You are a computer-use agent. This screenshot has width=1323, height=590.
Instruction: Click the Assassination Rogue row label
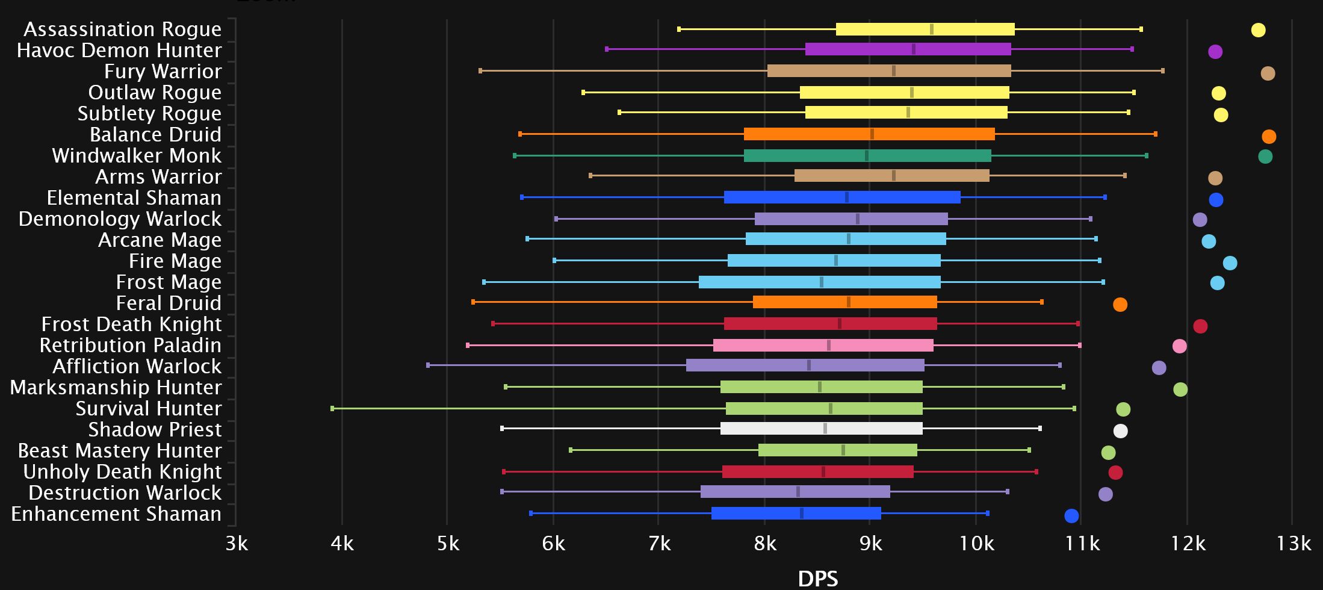(x=122, y=29)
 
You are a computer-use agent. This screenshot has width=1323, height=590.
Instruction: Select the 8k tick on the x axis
(x=764, y=544)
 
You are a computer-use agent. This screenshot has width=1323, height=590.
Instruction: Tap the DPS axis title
(x=817, y=578)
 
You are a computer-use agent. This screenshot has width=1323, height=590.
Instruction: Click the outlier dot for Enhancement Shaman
(x=1071, y=516)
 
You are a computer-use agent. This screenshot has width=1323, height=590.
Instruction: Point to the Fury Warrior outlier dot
(x=1268, y=73)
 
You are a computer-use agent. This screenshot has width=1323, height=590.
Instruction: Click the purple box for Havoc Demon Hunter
(x=908, y=49)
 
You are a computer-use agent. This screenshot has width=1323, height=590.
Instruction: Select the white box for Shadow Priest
(x=821, y=429)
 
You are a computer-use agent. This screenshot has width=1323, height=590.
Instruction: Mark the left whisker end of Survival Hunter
(x=332, y=409)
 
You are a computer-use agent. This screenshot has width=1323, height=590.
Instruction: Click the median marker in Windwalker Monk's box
(x=867, y=156)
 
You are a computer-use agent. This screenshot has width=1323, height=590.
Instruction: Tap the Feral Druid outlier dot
(x=1120, y=305)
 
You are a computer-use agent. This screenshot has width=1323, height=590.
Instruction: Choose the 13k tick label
(x=1293, y=544)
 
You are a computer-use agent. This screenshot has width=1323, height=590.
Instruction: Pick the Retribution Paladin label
(x=130, y=345)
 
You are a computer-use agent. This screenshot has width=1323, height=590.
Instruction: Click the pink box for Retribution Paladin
(x=823, y=346)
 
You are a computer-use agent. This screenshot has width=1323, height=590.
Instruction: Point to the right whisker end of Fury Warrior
(x=1162, y=71)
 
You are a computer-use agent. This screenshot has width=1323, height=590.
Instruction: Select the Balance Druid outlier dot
(x=1269, y=137)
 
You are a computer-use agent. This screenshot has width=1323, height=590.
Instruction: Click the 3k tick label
(x=237, y=544)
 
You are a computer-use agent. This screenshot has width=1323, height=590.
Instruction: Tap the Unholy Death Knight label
(x=122, y=471)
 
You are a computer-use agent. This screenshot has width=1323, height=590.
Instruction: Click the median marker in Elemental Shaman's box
(x=847, y=197)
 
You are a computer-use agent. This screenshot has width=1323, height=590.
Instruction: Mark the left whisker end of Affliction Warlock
(x=428, y=365)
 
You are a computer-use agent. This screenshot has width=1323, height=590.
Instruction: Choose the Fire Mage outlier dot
(x=1230, y=263)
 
